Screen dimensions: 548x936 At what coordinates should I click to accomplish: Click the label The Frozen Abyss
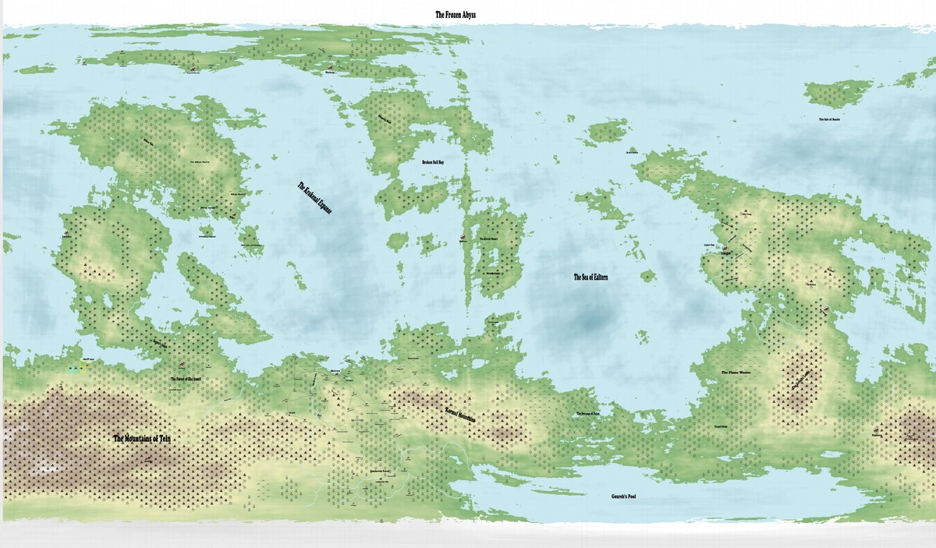[466, 14]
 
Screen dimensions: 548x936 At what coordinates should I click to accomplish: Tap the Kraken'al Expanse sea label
[312, 199]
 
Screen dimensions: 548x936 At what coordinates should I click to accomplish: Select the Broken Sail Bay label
[432, 163]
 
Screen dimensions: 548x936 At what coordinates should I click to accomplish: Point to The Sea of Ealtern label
[590, 277]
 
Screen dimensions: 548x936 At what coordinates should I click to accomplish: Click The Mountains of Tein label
[141, 439]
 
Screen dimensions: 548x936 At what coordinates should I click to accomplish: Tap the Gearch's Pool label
[623, 496]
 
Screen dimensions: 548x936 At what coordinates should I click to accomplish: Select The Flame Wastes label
[735, 373]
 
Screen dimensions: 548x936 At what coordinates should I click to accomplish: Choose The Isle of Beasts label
[829, 119]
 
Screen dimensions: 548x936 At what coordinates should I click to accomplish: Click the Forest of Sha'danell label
[186, 379]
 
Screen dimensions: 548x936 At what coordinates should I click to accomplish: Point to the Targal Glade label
[720, 428]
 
